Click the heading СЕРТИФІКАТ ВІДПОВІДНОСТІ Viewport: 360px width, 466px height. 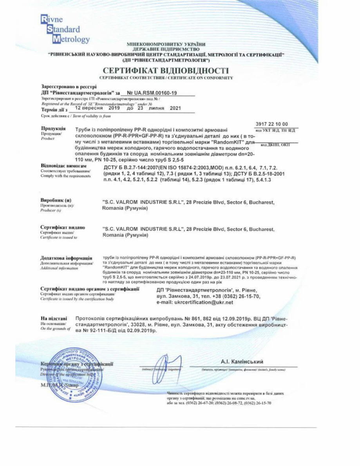(x=166, y=70)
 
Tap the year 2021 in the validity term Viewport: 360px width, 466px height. (x=176, y=108)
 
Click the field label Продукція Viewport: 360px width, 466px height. (x=53, y=129)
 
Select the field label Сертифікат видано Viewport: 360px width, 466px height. (x=63, y=227)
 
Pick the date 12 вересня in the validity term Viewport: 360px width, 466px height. (x=88, y=108)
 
